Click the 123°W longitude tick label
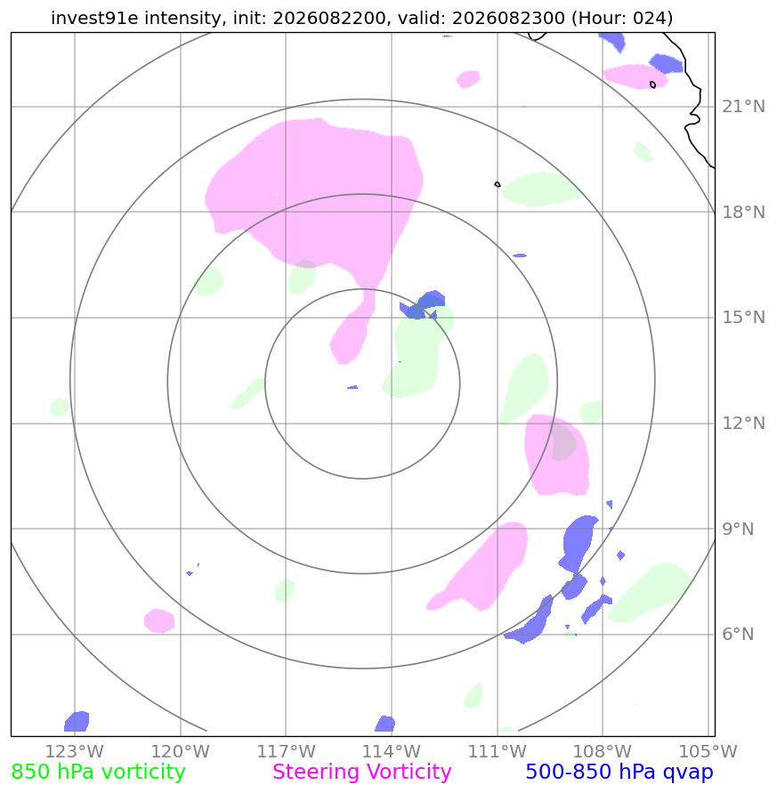[x=75, y=751]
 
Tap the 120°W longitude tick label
[x=180, y=751]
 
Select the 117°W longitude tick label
[x=286, y=751]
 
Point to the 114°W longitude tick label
[x=392, y=751]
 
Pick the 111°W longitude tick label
[x=498, y=751]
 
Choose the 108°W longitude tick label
[x=603, y=751]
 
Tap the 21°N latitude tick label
[x=743, y=107]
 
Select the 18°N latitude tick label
[x=743, y=212]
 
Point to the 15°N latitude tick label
[x=743, y=318]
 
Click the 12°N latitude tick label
[x=743, y=423]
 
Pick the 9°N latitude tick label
[x=738, y=529]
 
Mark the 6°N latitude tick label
[x=738, y=635]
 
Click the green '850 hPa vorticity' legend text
[x=98, y=773]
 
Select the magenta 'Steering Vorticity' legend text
[x=361, y=773]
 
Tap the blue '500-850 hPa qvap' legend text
[x=619, y=773]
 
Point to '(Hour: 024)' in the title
[x=622, y=18]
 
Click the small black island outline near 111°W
[x=498, y=184]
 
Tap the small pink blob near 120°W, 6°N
[x=159, y=620]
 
